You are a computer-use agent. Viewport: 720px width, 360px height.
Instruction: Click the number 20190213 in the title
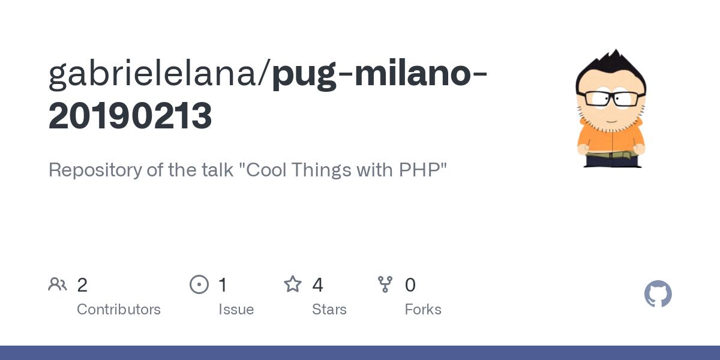coord(130,116)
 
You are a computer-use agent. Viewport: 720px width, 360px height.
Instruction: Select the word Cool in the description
coord(266,170)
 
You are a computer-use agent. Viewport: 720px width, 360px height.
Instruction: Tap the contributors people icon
coord(58,284)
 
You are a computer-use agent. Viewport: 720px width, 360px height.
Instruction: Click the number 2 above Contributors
coord(82,285)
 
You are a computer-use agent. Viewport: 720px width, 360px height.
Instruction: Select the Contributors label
coord(119,310)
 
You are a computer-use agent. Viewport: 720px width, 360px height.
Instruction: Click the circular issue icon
coord(199,284)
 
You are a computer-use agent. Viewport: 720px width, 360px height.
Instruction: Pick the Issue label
coord(236,310)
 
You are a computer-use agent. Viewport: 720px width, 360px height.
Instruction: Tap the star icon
coord(293,284)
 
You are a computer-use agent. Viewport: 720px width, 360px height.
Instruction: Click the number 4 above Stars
coord(317,285)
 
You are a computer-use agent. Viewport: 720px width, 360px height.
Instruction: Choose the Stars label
coord(329,310)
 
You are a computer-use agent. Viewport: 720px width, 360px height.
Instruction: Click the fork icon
coord(385,284)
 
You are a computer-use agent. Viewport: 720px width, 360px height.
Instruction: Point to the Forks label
coord(423,310)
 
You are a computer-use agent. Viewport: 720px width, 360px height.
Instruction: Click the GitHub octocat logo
coord(658,294)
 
